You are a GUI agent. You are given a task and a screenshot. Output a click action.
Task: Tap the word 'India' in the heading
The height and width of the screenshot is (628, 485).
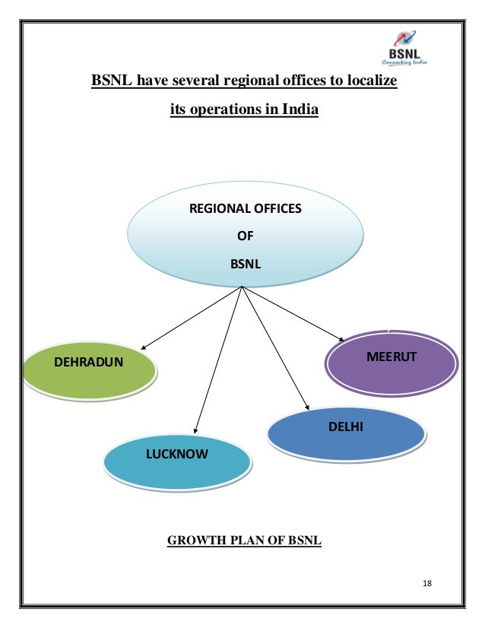pyautogui.click(x=300, y=109)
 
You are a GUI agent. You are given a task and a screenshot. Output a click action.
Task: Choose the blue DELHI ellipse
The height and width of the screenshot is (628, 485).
pyautogui.click(x=346, y=433)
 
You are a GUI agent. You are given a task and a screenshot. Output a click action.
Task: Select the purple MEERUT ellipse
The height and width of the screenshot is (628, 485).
pyautogui.click(x=391, y=362)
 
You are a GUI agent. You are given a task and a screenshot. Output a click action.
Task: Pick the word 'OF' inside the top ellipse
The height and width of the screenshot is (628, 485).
pyautogui.click(x=244, y=236)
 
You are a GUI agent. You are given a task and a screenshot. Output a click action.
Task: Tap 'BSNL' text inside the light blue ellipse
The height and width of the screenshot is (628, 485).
pyautogui.click(x=244, y=265)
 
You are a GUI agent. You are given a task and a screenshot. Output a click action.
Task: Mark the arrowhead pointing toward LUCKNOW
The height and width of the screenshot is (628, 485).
pyautogui.click(x=197, y=431)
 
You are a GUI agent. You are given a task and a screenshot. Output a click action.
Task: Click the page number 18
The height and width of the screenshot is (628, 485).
pyautogui.click(x=426, y=583)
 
